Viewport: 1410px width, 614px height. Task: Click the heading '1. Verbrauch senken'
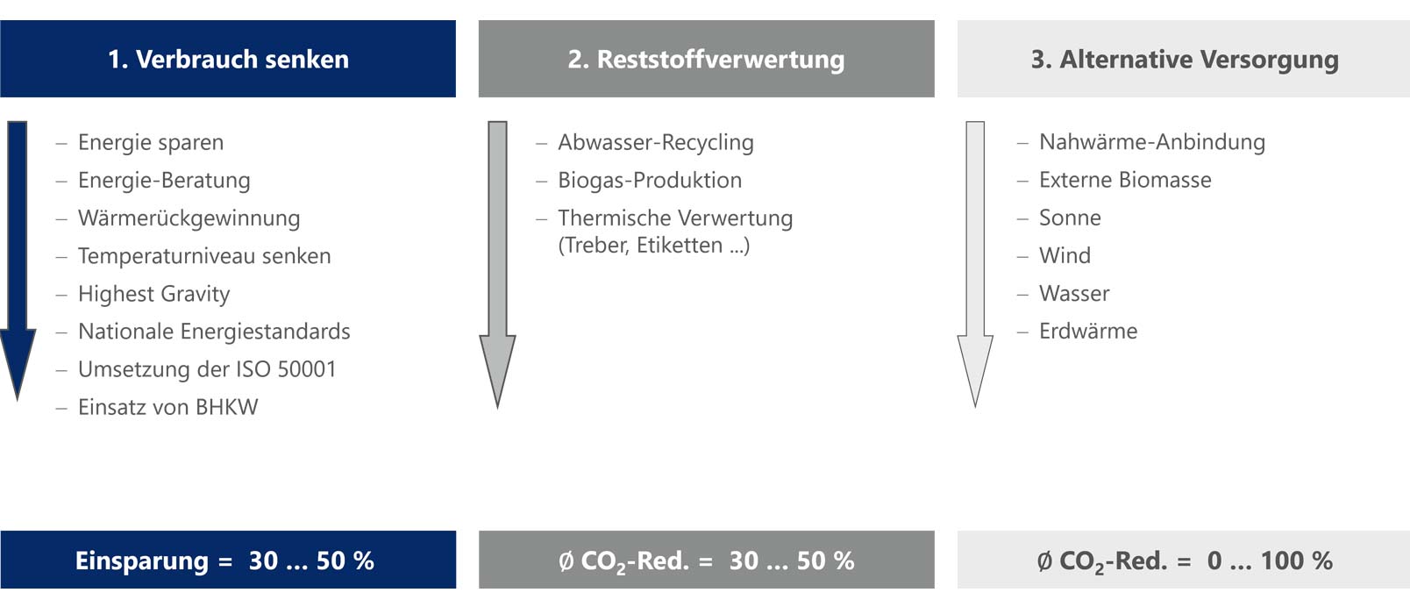click(x=228, y=59)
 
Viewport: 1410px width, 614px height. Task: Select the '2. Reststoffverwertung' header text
click(x=706, y=59)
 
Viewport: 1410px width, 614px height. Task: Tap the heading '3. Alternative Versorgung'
click(x=1184, y=59)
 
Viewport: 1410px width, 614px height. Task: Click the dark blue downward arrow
click(x=17, y=261)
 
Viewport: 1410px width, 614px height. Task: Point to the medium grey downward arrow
click(x=497, y=265)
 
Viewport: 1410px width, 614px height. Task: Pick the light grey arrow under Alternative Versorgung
click(x=975, y=265)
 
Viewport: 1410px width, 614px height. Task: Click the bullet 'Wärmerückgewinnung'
click(x=189, y=218)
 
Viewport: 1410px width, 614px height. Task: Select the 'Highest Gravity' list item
click(x=154, y=294)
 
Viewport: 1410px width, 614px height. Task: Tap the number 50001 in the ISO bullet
click(x=307, y=369)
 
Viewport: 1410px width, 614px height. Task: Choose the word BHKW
click(x=226, y=407)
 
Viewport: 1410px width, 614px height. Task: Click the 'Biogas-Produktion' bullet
click(x=650, y=180)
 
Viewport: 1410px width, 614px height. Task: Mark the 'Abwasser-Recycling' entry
click(x=655, y=142)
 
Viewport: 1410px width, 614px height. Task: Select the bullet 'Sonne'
click(x=1070, y=218)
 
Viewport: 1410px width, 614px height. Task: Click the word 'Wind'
click(x=1065, y=255)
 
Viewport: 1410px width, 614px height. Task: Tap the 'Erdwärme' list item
click(x=1087, y=332)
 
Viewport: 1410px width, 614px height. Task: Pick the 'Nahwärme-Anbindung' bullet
click(x=1152, y=142)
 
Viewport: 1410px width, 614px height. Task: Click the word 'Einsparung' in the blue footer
click(x=142, y=560)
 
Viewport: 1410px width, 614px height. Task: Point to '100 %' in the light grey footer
click(x=1297, y=560)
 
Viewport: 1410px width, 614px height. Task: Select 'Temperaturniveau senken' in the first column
click(x=204, y=256)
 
